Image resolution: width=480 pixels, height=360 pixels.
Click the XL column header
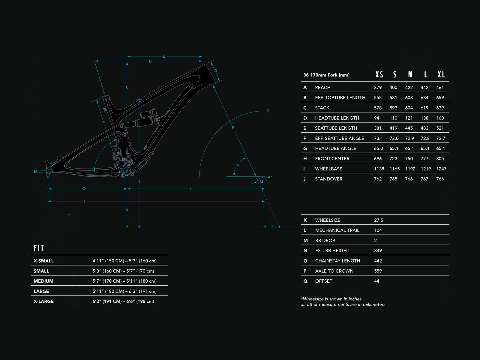tap(441, 75)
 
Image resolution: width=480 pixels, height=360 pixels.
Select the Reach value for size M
tap(409, 88)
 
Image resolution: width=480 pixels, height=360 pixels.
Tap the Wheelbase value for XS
tap(379, 169)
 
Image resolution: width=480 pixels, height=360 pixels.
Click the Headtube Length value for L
tap(424, 118)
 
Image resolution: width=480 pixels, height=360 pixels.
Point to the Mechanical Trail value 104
tap(378, 230)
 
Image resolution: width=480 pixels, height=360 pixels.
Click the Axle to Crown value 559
tap(378, 271)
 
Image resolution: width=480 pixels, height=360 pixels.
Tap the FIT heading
tap(39, 248)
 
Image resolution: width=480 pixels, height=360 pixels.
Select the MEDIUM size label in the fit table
tap(43, 281)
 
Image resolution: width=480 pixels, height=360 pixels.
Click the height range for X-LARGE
tap(123, 301)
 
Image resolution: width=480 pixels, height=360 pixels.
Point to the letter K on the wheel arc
tap(268, 111)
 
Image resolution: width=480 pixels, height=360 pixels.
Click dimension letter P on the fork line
tap(233, 127)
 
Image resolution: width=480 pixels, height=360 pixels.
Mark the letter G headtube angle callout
tap(238, 164)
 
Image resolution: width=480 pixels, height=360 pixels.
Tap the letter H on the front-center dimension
tap(191, 189)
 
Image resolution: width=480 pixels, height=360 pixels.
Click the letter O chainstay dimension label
tap(84, 189)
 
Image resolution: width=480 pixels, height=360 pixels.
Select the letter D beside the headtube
tap(216, 71)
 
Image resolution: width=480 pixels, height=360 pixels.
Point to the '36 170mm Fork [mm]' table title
tap(326, 75)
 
